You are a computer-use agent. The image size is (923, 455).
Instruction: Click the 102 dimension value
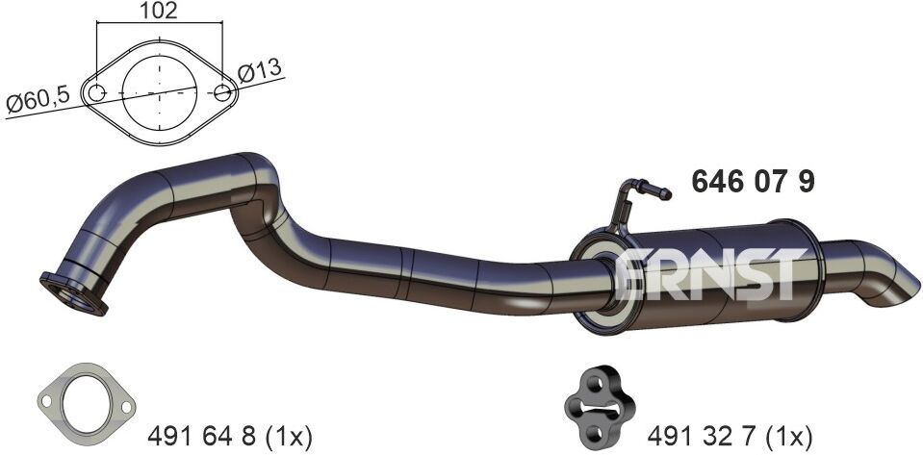(159, 11)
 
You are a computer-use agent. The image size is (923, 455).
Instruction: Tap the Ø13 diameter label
(260, 71)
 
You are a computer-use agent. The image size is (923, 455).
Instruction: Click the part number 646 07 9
(753, 181)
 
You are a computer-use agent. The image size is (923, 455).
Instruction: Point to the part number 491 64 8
(202, 437)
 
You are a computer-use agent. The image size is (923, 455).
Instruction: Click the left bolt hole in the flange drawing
(96, 93)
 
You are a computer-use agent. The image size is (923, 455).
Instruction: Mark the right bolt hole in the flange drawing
(222, 92)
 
